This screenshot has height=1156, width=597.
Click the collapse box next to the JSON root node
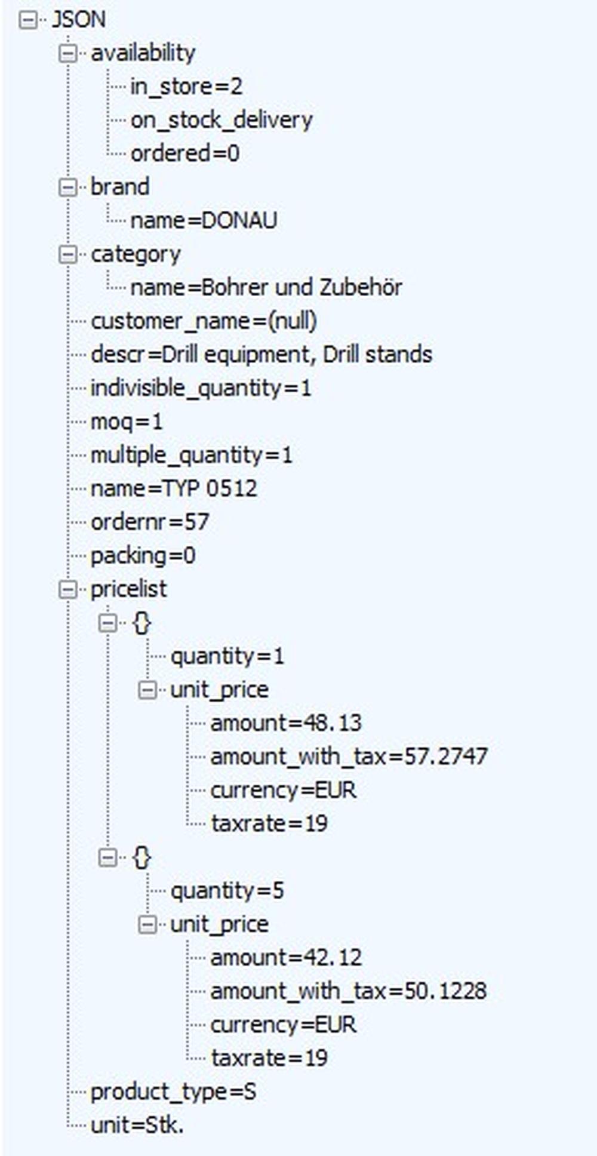click(x=27, y=20)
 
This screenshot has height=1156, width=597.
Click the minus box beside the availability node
click(x=67, y=54)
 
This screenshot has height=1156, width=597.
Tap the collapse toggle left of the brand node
click(x=67, y=187)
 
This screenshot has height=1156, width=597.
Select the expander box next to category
click(x=67, y=255)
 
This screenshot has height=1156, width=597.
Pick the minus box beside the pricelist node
click(x=67, y=590)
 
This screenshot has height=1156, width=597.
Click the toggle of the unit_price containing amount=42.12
click(x=147, y=925)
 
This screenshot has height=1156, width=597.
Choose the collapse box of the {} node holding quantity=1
click(x=107, y=623)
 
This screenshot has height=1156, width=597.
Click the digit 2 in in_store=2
click(x=236, y=87)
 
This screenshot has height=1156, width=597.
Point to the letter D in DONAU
click(x=210, y=220)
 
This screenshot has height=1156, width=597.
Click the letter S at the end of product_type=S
click(x=250, y=1092)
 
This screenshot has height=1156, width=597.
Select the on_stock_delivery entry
click(x=221, y=120)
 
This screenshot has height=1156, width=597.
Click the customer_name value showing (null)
click(x=292, y=321)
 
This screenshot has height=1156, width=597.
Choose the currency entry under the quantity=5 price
click(x=283, y=1025)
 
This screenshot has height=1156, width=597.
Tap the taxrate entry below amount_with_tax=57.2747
click(x=269, y=824)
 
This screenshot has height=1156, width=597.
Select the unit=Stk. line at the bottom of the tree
click(x=137, y=1126)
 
